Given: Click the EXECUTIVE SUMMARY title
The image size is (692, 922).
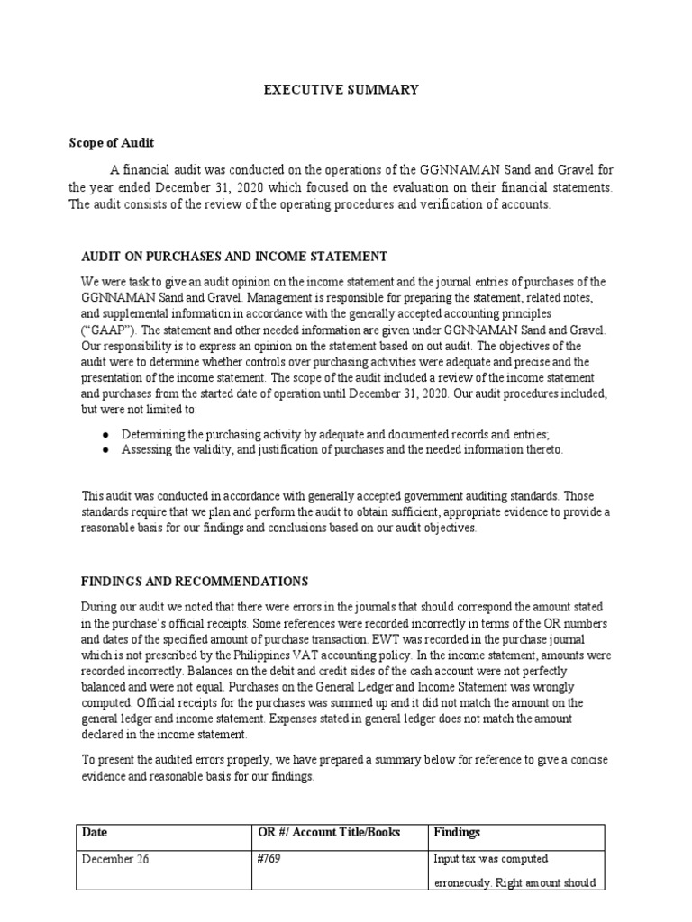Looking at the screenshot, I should click(x=341, y=89).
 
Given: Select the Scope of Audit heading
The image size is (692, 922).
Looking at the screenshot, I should click(x=112, y=143).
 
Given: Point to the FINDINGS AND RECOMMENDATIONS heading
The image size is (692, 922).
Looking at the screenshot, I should click(x=195, y=582).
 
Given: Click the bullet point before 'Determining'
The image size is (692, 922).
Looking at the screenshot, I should click(x=106, y=434).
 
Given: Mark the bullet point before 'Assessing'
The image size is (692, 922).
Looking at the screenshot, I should click(x=106, y=449).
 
